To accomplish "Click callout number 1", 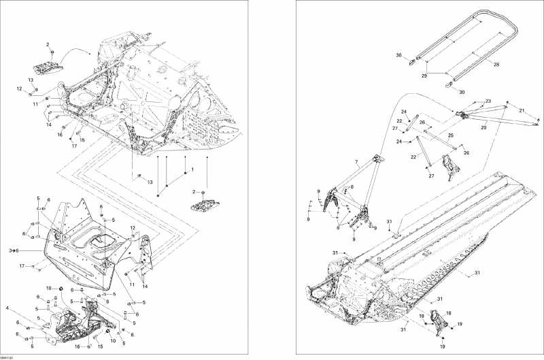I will point(192,168).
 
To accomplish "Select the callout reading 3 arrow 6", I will point(14,251).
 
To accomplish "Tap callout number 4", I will point(7,308).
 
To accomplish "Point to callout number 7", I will point(356,161).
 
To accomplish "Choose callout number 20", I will point(484,127).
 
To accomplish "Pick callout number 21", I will point(522,110).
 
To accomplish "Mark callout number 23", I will point(488,101).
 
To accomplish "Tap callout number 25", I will point(451,135).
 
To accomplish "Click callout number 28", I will point(496,65).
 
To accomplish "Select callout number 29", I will point(425,76).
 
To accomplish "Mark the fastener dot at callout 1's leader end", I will point(186,175).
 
